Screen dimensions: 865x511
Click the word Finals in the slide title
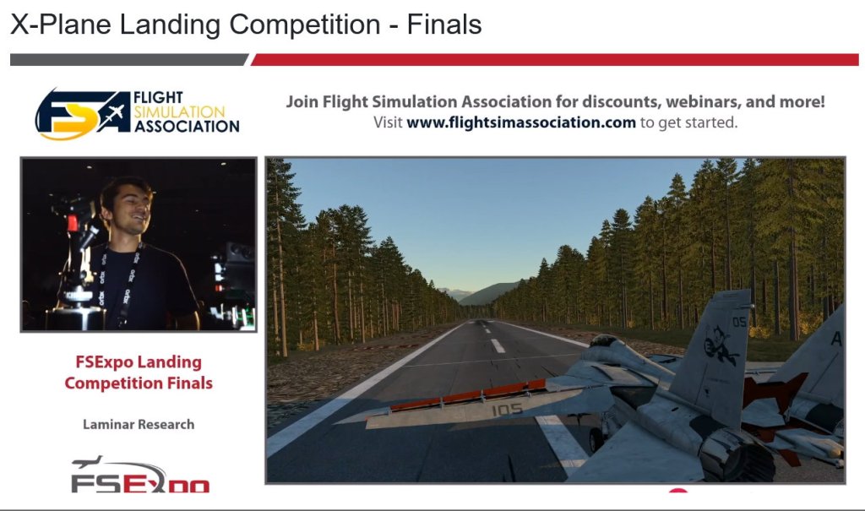[x=444, y=24]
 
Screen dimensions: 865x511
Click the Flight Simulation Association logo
[x=138, y=114]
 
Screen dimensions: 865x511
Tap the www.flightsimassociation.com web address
[x=520, y=122]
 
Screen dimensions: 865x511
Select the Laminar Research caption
[x=139, y=424]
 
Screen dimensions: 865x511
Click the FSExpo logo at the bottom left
[x=140, y=475]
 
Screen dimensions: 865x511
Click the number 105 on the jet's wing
[x=507, y=409]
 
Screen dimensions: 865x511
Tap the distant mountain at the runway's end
[x=487, y=294]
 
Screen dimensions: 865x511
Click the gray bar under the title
[x=129, y=60]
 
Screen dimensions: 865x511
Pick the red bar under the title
[x=555, y=60]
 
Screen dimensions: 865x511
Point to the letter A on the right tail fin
[x=836, y=339]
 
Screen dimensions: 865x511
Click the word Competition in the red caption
[x=107, y=383]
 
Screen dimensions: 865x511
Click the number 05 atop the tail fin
[x=739, y=322]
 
